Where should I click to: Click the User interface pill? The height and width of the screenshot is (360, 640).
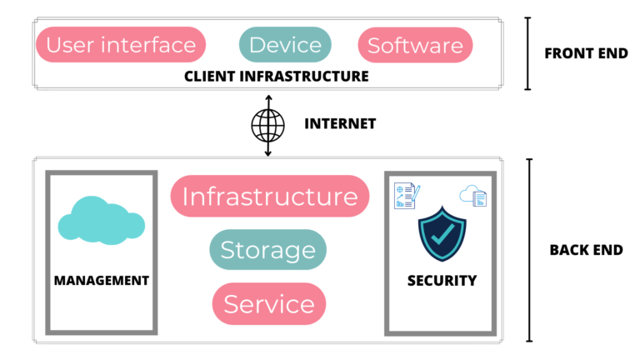coord(121,45)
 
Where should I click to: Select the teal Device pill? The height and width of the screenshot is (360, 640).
coord(285,45)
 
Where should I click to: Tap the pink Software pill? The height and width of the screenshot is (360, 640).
coord(415,45)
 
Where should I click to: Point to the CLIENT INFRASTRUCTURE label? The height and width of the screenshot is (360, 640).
coord(277,76)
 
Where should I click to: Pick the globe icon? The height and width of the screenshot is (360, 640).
coord(268,124)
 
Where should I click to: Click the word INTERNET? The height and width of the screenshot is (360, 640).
coord(340,124)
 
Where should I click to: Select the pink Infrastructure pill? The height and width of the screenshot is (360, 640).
coord(269,197)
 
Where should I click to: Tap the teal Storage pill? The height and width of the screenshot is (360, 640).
coord(267,249)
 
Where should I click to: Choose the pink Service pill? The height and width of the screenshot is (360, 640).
coord(268,303)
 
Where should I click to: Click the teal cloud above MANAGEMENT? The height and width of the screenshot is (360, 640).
coord(101,220)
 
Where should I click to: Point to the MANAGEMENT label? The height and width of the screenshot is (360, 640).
coord(101,280)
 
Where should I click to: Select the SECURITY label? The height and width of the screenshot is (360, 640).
coord(442,280)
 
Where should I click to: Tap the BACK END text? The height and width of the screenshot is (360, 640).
coord(586,249)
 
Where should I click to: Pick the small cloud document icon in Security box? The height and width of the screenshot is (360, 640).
coord(473,196)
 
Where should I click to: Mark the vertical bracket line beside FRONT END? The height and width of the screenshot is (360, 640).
coord(527,53)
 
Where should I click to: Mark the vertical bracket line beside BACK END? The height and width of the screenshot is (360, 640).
coord(529,250)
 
